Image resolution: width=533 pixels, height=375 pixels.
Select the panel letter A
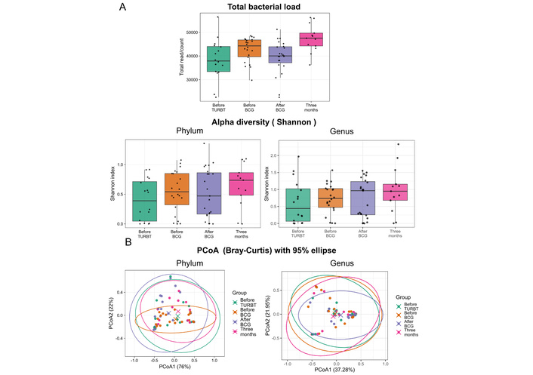click(x=123, y=7)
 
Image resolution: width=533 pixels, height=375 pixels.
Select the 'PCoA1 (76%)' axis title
click(x=174, y=367)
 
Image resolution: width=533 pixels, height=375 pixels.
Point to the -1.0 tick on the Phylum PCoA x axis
click(x=134, y=359)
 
